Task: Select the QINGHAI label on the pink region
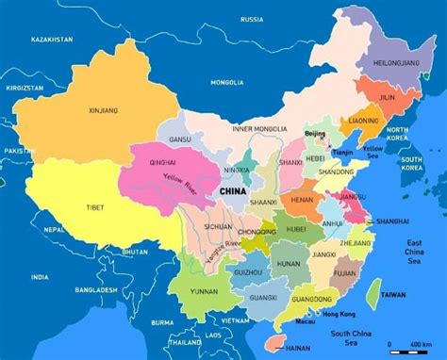(x=163, y=161)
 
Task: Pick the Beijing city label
(x=315, y=134)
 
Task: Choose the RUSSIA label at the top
(x=252, y=19)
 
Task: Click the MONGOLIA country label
(x=226, y=82)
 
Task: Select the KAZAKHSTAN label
(x=52, y=40)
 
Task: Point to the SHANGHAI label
(x=392, y=221)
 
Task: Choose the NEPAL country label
(x=55, y=229)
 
